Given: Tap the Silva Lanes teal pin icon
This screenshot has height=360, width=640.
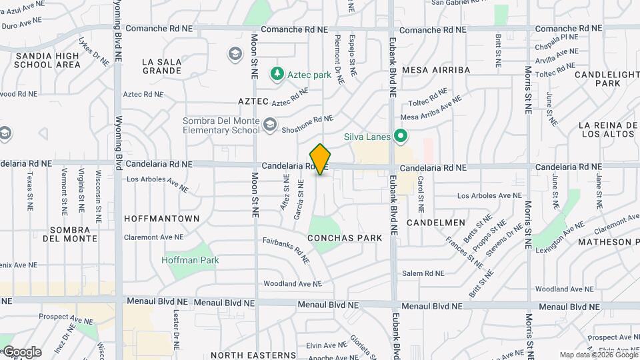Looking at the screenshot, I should click(x=401, y=137).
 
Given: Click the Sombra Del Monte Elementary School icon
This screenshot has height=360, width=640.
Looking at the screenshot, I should click(x=269, y=125).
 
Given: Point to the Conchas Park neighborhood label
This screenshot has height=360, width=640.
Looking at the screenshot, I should click(x=345, y=238).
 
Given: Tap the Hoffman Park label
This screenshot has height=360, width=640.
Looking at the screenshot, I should click(x=190, y=260).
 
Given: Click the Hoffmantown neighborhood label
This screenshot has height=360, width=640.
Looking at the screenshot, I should click(x=162, y=219).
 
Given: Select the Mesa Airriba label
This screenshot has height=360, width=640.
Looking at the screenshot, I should click(x=437, y=70).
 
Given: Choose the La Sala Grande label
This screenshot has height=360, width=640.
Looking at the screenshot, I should click(x=162, y=66).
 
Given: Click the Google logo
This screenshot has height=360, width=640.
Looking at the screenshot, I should click(x=21, y=352).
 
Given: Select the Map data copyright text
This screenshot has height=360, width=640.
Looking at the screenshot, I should click(x=598, y=355).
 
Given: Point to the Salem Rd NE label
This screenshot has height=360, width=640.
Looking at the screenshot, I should click(x=423, y=273).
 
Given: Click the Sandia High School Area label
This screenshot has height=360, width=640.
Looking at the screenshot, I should click(x=48, y=60).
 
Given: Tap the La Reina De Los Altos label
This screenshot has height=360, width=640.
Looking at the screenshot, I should click(x=607, y=130).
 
